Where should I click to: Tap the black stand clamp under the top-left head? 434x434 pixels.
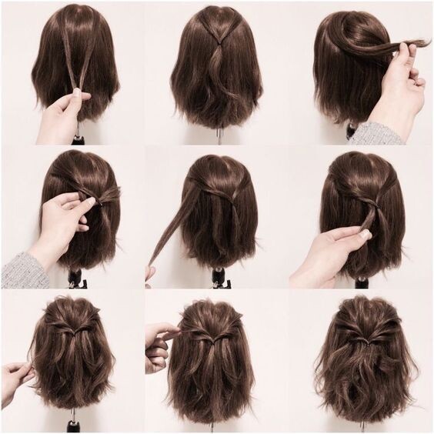[77, 139]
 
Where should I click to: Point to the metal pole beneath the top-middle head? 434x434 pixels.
[219, 136]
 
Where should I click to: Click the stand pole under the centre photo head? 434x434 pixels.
[218, 279]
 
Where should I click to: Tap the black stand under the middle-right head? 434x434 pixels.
[362, 281]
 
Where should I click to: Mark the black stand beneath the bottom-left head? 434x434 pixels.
[74, 422]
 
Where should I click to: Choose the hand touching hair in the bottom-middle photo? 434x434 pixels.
[160, 346]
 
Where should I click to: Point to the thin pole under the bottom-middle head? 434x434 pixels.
[213, 426]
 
